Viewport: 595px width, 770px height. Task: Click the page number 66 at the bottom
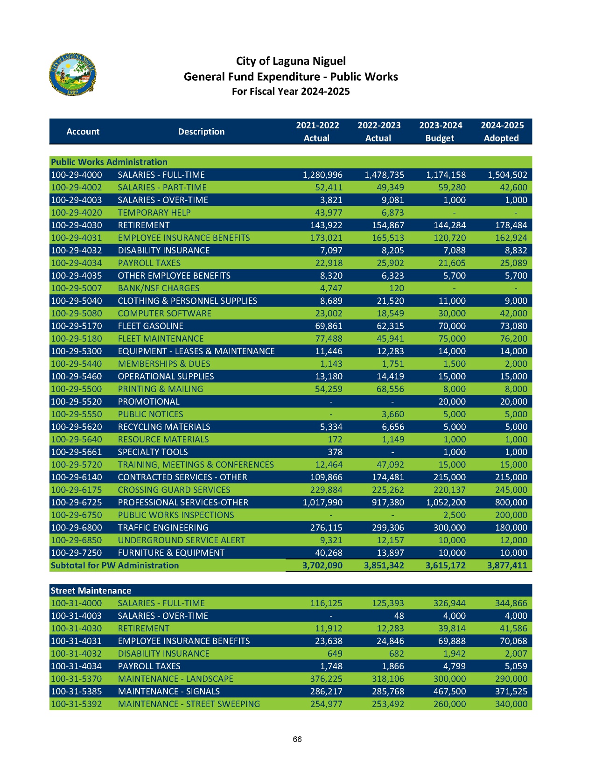pyautogui.click(x=297, y=739)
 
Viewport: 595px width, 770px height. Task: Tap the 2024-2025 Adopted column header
pyautogui.click(x=502, y=132)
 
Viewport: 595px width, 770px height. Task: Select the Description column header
pyautogui.click(x=201, y=132)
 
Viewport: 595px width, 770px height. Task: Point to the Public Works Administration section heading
pyautogui.click(x=109, y=162)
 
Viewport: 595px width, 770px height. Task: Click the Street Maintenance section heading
pyautogui.click(x=91, y=590)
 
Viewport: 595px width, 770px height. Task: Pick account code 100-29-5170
pyautogui.click(x=76, y=326)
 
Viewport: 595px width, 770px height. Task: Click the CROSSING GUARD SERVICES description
pyautogui.click(x=174, y=490)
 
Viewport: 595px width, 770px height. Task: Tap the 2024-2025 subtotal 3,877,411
pyautogui.click(x=507, y=565)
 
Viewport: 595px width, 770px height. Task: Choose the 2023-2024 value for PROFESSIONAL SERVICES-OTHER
pyautogui.click(x=446, y=502)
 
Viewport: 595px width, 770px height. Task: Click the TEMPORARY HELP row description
pyautogui.click(x=154, y=212)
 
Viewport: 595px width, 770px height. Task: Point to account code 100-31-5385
pyautogui.click(x=76, y=691)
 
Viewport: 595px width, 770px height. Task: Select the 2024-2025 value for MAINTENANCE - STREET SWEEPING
pyautogui.click(x=511, y=704)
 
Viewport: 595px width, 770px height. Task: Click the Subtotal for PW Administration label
pyautogui.click(x=114, y=565)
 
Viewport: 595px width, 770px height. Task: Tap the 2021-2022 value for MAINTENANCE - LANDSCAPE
pyautogui.click(x=326, y=679)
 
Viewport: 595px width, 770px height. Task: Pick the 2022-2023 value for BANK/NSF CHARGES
pyautogui.click(x=396, y=288)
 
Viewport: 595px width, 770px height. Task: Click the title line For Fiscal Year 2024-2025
pyautogui.click(x=291, y=91)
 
